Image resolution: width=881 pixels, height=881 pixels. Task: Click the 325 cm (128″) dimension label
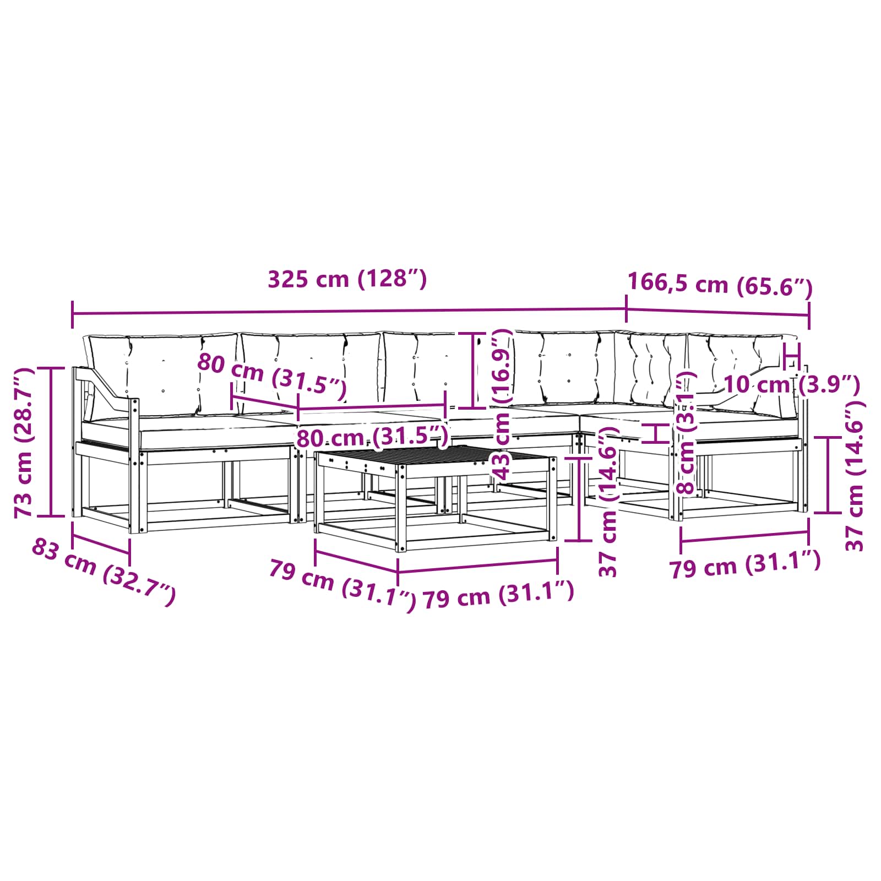tap(347, 279)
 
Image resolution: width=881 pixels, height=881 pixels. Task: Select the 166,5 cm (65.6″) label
tap(720, 285)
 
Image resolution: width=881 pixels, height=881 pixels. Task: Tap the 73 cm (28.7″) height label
tap(25, 443)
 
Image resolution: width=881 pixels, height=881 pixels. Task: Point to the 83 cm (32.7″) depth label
tap(104, 572)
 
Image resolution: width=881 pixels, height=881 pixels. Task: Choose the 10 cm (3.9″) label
tap(791, 384)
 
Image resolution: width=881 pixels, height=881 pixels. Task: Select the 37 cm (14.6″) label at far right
tap(855, 476)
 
